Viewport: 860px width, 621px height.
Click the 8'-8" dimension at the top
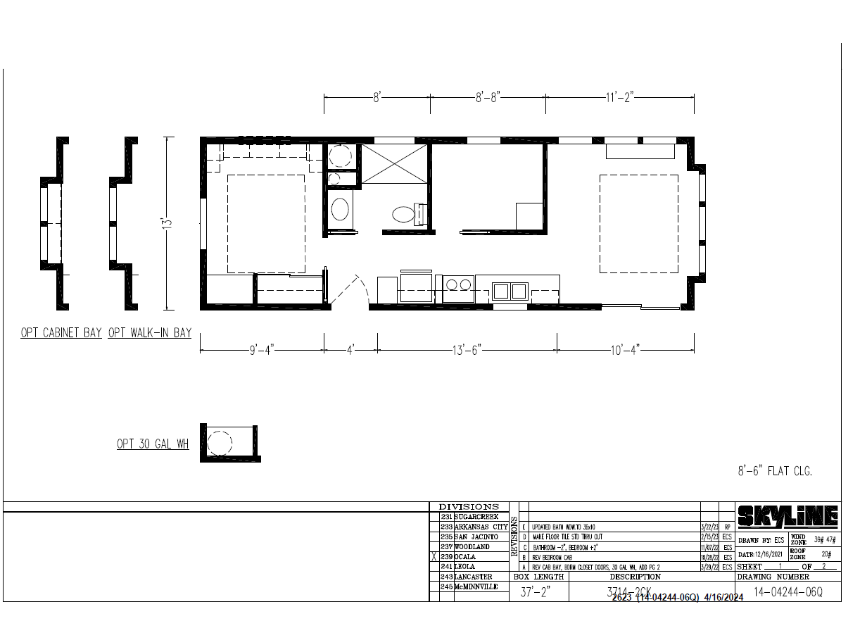(487, 98)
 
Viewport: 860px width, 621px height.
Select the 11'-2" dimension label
(620, 98)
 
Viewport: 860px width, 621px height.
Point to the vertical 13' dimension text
(167, 223)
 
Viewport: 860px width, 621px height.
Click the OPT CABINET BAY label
(61, 333)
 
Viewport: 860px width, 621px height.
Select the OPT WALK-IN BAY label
(150, 333)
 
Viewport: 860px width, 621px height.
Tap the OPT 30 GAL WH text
(153, 444)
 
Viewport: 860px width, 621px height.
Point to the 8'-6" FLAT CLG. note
(775, 472)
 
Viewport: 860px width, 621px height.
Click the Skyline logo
(788, 517)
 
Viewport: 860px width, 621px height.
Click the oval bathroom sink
(340, 210)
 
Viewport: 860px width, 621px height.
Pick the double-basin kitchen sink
(511, 290)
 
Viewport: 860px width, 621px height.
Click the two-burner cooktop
(459, 285)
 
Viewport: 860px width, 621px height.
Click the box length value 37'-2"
(535, 592)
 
